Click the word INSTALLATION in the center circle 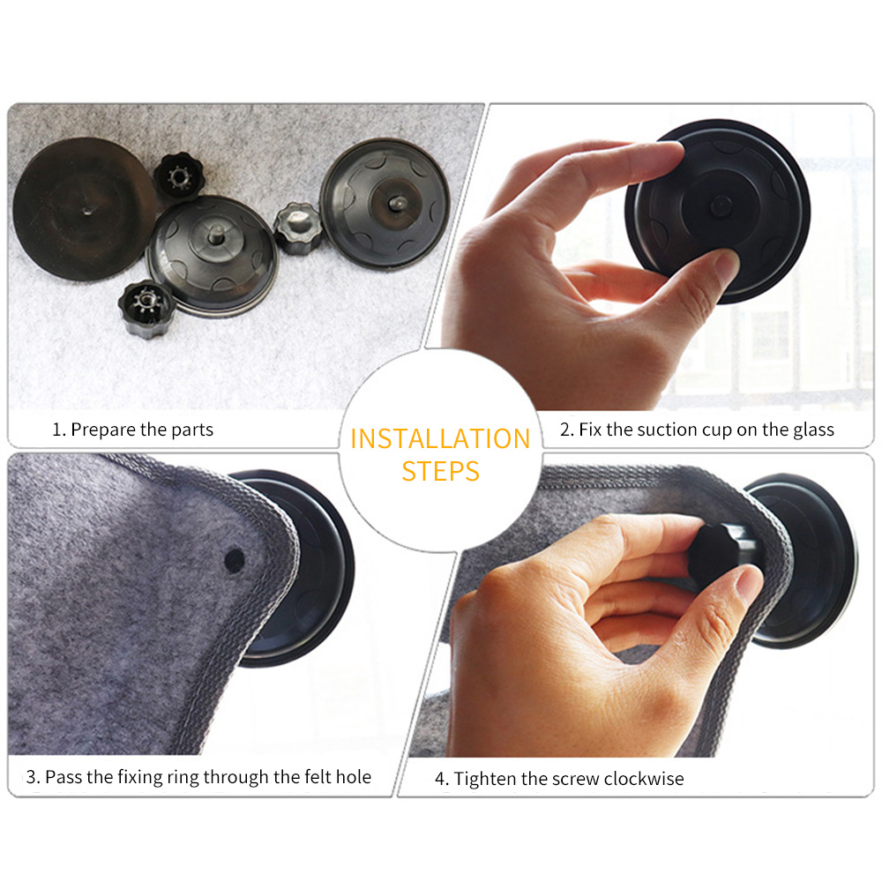pos(440,438)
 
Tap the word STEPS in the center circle pos(440,470)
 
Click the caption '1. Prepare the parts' pos(132,430)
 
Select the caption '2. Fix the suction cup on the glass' pos(697,430)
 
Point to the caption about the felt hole pos(198,777)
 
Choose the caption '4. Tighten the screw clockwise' pos(559,778)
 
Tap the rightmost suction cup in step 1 pos(385,203)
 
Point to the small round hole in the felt pos(235,558)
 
